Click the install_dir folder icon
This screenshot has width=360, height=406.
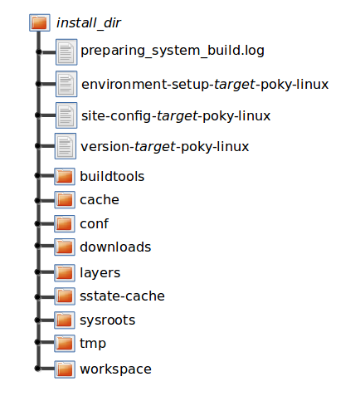(40, 22)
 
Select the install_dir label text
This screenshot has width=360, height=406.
(89, 23)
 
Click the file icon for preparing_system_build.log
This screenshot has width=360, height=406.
(66, 52)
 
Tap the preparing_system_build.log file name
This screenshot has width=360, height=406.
(173, 51)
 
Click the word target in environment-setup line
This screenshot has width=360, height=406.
(235, 85)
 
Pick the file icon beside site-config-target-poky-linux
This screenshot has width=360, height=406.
(66, 115)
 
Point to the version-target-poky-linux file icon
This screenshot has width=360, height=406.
(66, 146)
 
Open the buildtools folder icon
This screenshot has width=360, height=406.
(65, 176)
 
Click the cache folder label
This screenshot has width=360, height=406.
(100, 200)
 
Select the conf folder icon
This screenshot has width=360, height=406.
(65, 223)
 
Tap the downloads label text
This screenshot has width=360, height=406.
(115, 247)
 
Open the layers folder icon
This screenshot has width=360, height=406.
(65, 273)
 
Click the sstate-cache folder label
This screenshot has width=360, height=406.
(122, 296)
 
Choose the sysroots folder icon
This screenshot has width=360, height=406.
(65, 320)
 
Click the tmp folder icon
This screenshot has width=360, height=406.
(65, 344)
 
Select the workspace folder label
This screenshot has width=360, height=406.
(115, 369)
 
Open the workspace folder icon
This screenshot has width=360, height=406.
(65, 369)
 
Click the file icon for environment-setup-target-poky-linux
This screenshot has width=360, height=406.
(66, 84)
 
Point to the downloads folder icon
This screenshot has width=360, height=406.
(65, 247)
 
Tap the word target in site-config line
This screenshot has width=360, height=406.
(178, 116)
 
